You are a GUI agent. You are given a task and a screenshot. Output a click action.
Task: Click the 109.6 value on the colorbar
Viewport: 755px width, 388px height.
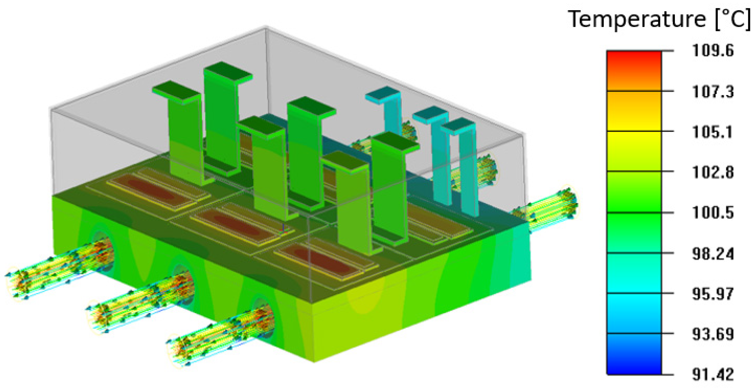click(713, 51)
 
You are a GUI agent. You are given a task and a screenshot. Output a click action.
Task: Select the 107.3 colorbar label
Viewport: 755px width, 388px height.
click(713, 92)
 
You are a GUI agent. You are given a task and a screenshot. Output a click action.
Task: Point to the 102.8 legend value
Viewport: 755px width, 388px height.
click(713, 172)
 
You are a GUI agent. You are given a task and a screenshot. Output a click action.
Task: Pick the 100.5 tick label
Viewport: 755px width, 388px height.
click(713, 213)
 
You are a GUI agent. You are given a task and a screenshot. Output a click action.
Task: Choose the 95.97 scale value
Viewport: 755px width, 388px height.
click(713, 294)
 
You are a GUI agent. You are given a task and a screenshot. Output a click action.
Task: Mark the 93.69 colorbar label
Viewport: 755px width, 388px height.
click(713, 334)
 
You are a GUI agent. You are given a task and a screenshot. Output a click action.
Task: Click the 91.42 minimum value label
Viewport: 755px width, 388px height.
click(713, 374)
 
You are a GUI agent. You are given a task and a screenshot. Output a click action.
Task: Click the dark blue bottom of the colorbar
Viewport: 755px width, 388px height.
click(634, 364)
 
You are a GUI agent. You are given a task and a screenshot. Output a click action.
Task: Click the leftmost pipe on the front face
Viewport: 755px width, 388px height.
click(59, 270)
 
